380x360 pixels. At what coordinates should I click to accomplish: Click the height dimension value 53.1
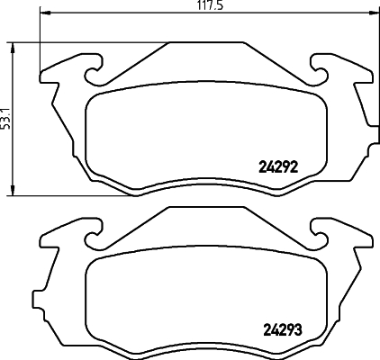tap(5, 117)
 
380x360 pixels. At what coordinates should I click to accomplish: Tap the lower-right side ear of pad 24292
tap(364, 126)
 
